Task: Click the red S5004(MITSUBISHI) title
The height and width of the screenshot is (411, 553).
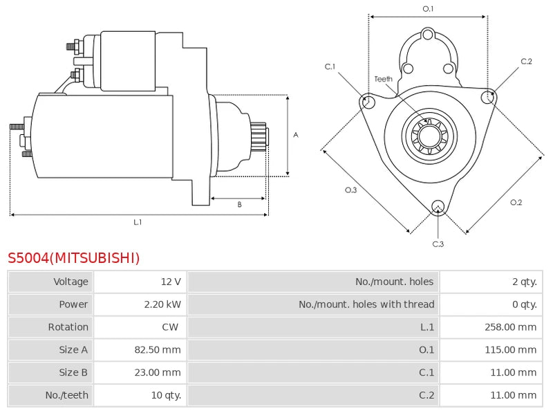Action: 74,258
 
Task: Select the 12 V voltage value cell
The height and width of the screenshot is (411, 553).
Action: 171,282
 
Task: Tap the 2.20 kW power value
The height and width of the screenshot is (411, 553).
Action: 162,304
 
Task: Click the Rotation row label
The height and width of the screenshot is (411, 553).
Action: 68,327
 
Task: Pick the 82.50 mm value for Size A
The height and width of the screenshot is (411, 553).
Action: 158,349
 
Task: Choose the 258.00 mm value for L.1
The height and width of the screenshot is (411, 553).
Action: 510,327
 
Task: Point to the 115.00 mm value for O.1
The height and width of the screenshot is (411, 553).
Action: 510,349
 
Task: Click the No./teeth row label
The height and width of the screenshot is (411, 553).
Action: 66,395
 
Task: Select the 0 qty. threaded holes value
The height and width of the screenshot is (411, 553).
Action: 525,304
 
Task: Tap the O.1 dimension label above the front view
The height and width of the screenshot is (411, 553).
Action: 428,9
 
